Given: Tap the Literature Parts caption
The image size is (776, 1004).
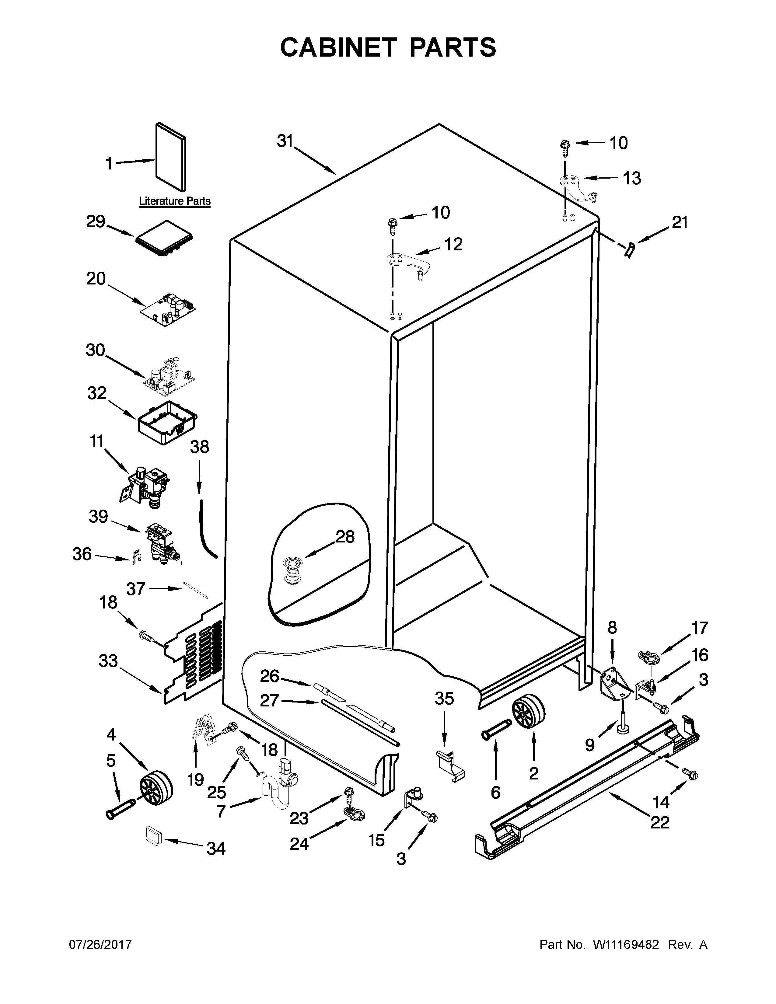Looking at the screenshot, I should click(x=175, y=201).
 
